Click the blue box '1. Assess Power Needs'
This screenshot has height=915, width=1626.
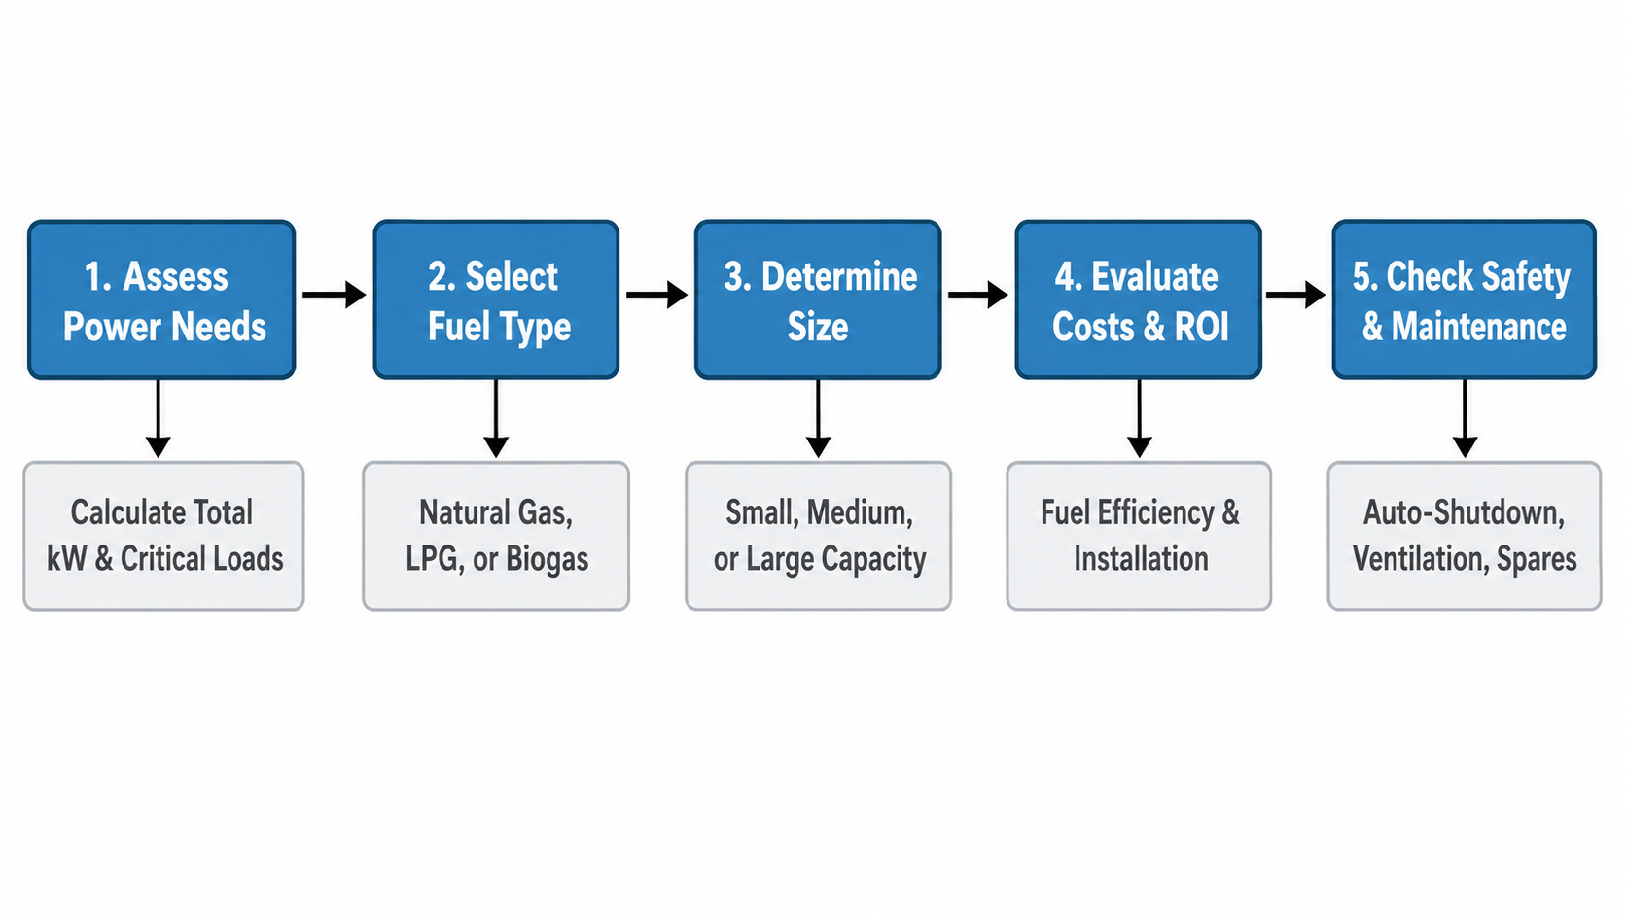coord(161,299)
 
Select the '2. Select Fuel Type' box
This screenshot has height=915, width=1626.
coord(497,299)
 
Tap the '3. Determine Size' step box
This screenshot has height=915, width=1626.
coord(818,299)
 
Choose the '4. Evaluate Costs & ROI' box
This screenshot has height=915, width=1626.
coord(1138,299)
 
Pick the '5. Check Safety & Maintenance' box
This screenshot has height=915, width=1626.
coord(1465,299)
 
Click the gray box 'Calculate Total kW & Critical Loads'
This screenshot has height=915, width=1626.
coord(164,536)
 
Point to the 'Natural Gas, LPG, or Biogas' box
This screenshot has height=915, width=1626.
coord(496,536)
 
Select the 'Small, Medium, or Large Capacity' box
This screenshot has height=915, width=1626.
coord(818,536)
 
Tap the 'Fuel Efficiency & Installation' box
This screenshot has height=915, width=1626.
coord(1139,536)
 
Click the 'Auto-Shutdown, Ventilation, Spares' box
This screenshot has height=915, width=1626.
coord(1465,536)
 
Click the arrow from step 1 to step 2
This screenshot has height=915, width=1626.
coord(334,295)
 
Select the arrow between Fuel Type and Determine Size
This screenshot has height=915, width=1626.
coord(657,295)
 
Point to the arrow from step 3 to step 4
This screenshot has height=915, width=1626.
coord(977,295)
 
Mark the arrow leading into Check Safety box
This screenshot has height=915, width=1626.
coord(1295,295)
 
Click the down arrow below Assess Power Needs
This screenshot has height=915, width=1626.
coord(159,419)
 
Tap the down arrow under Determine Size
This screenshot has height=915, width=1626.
coord(818,419)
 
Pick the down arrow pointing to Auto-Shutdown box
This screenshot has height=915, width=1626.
coord(1465,419)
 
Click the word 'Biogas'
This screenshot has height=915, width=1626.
coord(548,559)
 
